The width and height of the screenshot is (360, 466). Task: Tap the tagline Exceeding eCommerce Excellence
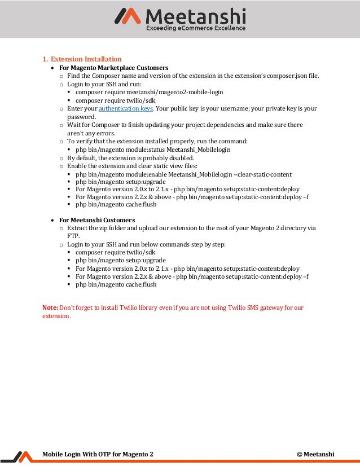[x=196, y=28]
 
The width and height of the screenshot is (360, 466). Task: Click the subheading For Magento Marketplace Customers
[x=113, y=68]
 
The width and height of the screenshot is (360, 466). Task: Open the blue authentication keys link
[x=126, y=108]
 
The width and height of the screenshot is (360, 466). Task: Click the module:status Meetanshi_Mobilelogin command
[x=153, y=150]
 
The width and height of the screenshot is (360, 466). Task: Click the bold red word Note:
[x=50, y=307]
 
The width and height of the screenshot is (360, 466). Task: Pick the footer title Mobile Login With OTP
[x=98, y=454]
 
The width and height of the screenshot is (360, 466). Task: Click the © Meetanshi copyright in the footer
[x=315, y=454]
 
